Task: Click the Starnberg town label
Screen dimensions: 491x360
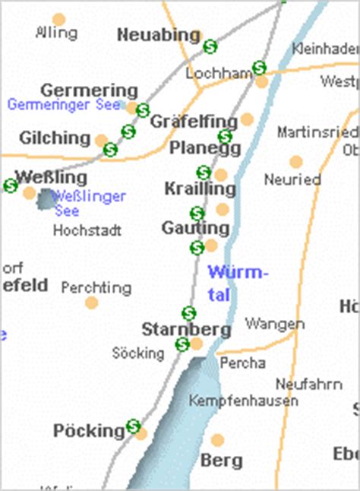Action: click(186, 330)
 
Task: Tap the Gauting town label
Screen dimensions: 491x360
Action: click(195, 228)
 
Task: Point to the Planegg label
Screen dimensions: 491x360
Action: click(199, 147)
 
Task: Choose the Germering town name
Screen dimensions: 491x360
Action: click(89, 90)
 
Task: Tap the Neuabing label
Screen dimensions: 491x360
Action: click(158, 35)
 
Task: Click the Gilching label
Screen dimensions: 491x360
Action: click(54, 138)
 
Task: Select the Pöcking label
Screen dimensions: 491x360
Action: click(88, 431)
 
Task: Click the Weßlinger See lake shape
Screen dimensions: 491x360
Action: click(46, 199)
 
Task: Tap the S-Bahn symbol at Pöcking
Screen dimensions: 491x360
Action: click(134, 426)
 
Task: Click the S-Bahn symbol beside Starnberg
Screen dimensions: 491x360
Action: click(182, 345)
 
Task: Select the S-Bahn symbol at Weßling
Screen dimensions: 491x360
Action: click(11, 185)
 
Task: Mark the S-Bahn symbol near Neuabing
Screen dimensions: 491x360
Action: click(210, 46)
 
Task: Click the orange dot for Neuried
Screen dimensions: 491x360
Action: click(296, 162)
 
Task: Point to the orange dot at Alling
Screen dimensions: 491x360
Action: click(58, 19)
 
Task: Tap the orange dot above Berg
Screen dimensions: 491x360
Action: click(218, 440)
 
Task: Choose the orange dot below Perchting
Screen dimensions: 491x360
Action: click(92, 303)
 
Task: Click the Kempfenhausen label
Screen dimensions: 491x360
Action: click(243, 401)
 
